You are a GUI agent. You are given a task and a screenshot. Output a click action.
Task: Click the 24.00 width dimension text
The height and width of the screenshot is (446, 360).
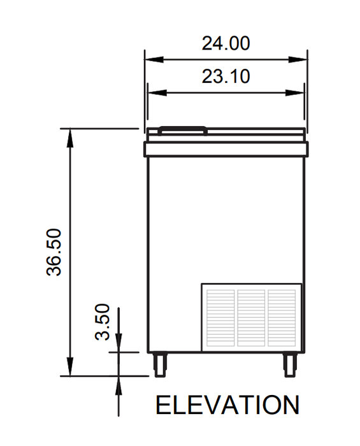226,43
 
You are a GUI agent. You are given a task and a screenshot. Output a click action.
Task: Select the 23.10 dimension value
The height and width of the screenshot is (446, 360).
226,76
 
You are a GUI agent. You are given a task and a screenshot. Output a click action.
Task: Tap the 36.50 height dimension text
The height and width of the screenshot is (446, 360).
54,252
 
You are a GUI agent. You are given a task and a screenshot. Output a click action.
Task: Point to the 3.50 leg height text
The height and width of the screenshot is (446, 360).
102,322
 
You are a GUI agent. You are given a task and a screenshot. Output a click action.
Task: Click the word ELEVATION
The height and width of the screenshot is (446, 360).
227,405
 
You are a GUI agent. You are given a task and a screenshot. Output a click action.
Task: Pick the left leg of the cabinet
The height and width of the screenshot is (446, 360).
159,364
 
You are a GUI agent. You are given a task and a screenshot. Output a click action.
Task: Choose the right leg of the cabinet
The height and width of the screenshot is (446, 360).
291,364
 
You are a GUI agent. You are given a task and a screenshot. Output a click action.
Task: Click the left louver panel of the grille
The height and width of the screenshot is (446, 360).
220,318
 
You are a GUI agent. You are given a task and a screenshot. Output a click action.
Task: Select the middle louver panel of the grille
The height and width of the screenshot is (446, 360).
251,318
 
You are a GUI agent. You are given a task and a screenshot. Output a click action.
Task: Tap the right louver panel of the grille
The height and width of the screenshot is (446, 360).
282,318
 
